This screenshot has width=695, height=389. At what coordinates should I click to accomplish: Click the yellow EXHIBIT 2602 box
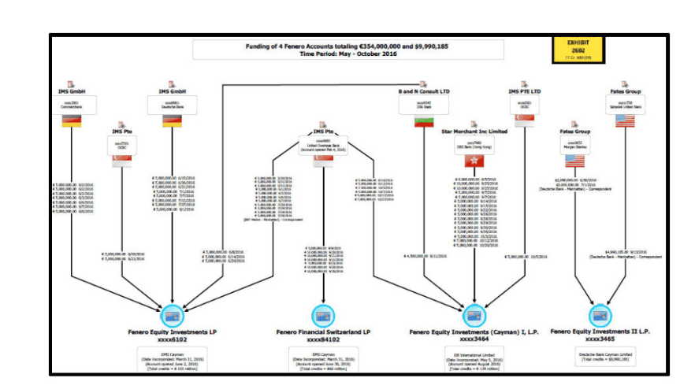point(585,48)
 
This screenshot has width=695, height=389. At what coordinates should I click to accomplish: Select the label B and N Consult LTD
point(424,91)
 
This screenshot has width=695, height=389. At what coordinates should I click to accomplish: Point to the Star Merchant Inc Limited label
point(474,134)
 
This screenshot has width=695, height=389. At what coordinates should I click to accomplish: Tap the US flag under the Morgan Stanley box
point(576,160)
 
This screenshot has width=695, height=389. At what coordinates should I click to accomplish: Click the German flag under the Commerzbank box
point(72,121)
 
